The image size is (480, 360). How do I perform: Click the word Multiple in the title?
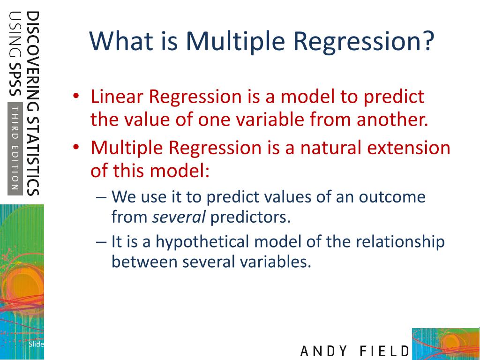235,41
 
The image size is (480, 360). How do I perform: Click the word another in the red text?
392,119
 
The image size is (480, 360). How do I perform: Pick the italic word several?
179,217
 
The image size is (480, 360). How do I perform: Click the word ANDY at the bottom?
323,351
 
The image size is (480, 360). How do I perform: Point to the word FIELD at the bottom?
384,351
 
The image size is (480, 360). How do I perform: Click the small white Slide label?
36,344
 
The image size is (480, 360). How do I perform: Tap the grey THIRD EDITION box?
15,149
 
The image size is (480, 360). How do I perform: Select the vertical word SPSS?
15,80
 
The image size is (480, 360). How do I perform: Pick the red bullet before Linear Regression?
76,96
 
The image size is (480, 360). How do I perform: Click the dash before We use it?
101,197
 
